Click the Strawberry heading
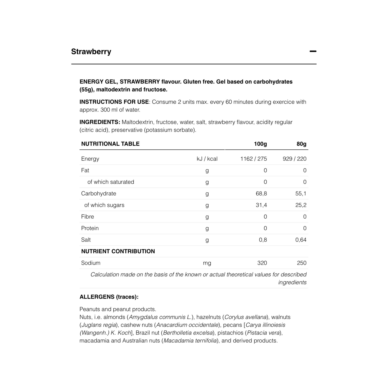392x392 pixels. (x=91, y=52)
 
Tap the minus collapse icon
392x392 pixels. (x=313, y=51)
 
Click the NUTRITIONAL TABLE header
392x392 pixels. (x=110, y=144)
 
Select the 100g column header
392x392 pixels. (x=260, y=144)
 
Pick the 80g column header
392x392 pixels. (x=301, y=144)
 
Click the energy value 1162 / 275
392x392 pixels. (x=253, y=159)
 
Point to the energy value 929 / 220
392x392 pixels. (x=294, y=159)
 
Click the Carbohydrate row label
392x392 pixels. (x=98, y=194)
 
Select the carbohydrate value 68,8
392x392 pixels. (x=261, y=194)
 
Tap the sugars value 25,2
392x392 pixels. (x=301, y=205)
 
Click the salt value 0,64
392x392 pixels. (x=301, y=240)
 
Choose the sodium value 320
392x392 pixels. (x=262, y=263)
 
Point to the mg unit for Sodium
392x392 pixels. (x=207, y=263)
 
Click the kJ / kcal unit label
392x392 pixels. (x=207, y=159)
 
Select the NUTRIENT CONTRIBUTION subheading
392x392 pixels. (x=118, y=251)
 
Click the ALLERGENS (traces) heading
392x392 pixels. (x=109, y=297)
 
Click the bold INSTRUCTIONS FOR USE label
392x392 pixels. (x=114, y=102)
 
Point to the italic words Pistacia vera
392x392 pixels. (x=263, y=333)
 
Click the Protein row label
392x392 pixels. (x=90, y=228)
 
